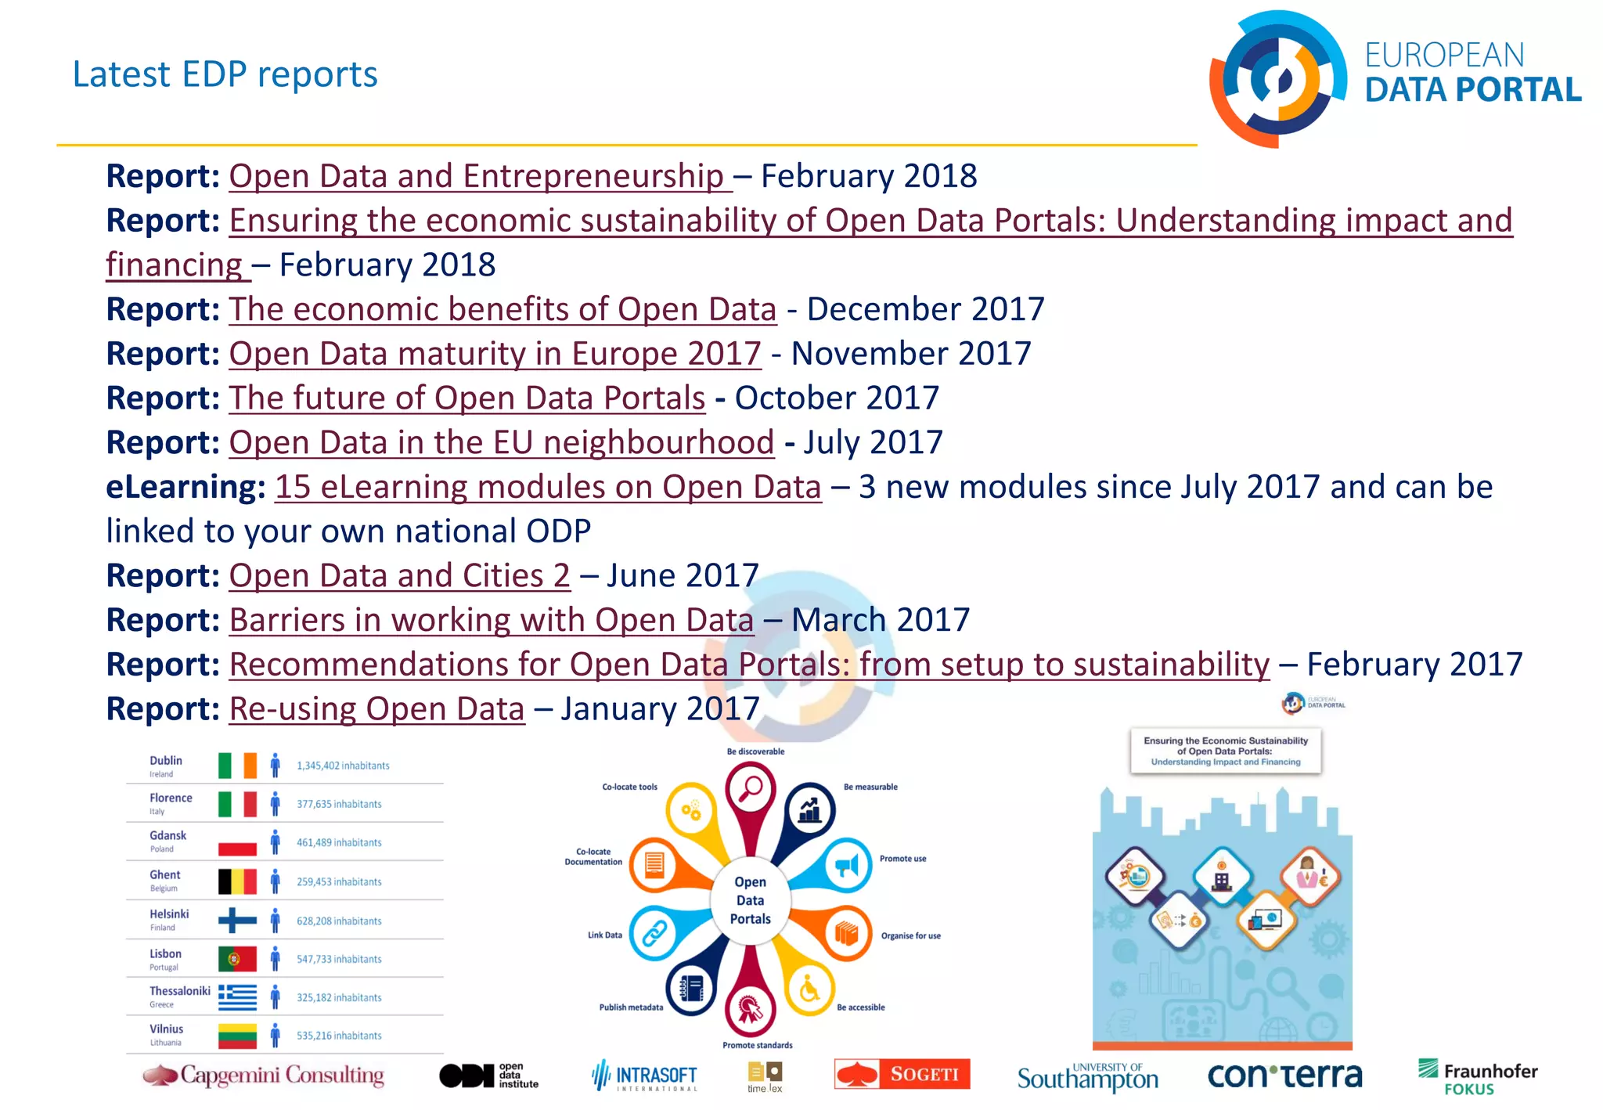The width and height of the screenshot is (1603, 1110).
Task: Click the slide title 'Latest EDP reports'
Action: pyautogui.click(x=225, y=75)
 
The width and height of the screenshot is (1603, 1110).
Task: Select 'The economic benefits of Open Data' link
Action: pyautogui.click(x=503, y=310)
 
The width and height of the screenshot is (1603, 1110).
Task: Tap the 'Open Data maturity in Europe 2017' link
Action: pyautogui.click(x=495, y=355)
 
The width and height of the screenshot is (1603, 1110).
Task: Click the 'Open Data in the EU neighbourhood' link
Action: pyautogui.click(x=501, y=443)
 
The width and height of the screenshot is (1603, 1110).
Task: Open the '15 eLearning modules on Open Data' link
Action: pyautogui.click(x=548, y=488)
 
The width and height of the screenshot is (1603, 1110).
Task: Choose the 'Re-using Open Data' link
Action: pyautogui.click(x=376, y=709)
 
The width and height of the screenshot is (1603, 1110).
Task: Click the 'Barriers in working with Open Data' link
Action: pyautogui.click(x=492, y=621)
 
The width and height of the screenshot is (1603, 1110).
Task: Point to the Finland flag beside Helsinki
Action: pyautogui.click(x=237, y=920)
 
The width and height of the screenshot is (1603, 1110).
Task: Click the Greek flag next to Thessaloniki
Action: pyautogui.click(x=237, y=996)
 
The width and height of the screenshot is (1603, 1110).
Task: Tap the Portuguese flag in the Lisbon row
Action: pyautogui.click(x=237, y=958)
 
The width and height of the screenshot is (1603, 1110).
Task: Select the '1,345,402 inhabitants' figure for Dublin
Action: pyautogui.click(x=343, y=766)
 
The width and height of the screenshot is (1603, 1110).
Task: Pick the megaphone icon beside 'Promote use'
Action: pyautogui.click(x=847, y=866)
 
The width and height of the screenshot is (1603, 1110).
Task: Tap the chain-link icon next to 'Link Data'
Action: pyautogui.click(x=654, y=933)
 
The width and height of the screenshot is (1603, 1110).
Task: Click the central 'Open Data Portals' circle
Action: pyautogui.click(x=751, y=900)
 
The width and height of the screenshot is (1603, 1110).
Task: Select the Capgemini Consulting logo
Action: pyautogui.click(x=264, y=1076)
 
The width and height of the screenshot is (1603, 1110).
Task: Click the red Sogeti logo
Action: pyautogui.click(x=902, y=1074)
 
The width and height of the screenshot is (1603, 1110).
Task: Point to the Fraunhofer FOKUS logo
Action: pyautogui.click(x=1477, y=1077)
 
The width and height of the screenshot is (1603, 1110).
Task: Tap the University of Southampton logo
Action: pyautogui.click(x=1087, y=1078)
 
